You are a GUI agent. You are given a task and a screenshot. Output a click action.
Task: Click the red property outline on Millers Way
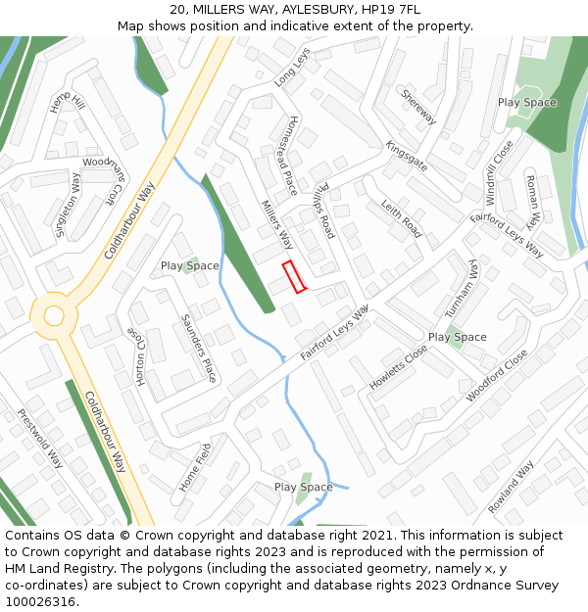294,276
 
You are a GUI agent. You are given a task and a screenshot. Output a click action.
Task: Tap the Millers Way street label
277,225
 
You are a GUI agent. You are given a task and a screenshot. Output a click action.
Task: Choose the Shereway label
418,107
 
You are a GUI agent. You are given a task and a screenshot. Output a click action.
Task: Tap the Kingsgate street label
406,156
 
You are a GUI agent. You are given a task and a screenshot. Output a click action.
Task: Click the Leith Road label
402,221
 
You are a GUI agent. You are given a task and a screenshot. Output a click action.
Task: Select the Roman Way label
539,202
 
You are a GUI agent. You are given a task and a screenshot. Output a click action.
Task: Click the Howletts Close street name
398,367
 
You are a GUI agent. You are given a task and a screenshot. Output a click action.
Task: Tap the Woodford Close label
497,375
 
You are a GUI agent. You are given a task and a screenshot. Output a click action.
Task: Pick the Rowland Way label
511,488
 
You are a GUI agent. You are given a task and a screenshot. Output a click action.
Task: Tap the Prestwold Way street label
40,438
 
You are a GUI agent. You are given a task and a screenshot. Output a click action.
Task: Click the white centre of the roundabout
53,315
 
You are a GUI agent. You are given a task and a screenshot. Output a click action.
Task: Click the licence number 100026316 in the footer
40,602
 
